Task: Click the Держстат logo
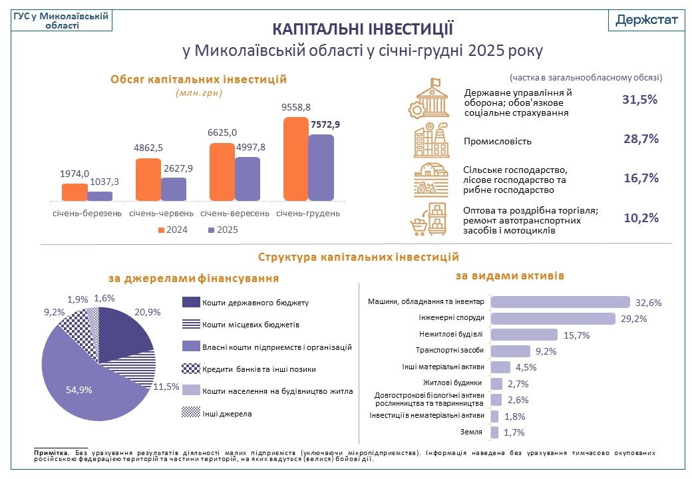pyautogui.click(x=646, y=19)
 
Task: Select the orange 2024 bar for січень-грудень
pyautogui.click(x=295, y=159)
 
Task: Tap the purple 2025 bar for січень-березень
pyautogui.click(x=100, y=196)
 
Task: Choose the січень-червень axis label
pyautogui.click(x=161, y=214)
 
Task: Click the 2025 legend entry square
pyautogui.click(x=212, y=230)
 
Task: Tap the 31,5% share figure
pyautogui.click(x=640, y=100)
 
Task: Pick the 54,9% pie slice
pyautogui.click(x=86, y=386)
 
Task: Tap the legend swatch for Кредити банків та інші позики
pyautogui.click(x=190, y=369)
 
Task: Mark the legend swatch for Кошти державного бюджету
pyautogui.click(x=190, y=303)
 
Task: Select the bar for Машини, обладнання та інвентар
pyautogui.click(x=560, y=302)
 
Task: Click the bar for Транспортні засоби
pyautogui.click(x=510, y=351)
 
